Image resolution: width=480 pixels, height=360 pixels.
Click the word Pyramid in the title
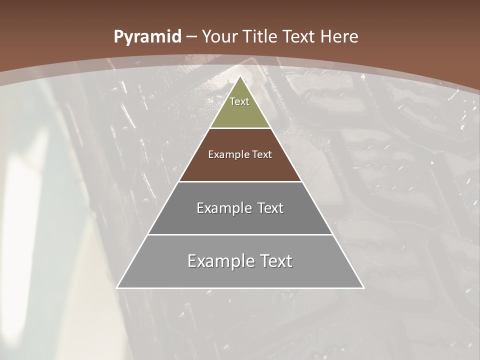147,37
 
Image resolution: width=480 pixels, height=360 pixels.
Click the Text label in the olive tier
239,101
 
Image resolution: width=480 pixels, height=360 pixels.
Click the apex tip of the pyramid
240,76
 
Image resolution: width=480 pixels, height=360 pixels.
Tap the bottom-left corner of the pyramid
117,287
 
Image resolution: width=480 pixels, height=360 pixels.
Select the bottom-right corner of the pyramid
363,287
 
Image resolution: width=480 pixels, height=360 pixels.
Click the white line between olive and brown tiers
240,128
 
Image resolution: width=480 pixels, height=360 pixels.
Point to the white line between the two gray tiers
240,234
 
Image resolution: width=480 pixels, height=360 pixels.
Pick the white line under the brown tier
240,181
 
